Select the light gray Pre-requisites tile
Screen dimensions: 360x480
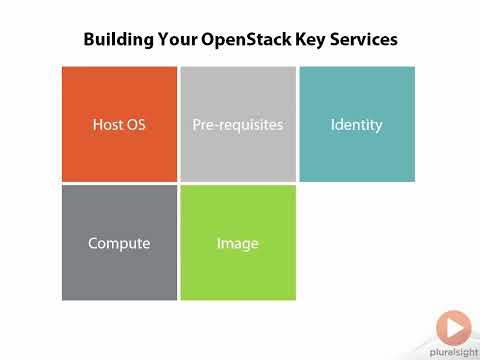(238, 150)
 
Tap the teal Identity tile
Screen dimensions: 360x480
(357, 150)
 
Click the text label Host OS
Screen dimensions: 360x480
(119, 126)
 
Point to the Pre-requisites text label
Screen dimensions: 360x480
(238, 126)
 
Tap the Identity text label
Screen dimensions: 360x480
(357, 126)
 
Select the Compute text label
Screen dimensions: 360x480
(119, 243)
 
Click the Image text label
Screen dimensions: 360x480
(238, 243)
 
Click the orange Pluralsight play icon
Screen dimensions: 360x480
(453, 327)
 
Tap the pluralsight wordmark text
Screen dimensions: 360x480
(453, 351)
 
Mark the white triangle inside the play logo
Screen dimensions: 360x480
(455, 327)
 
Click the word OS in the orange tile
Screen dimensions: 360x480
(136, 126)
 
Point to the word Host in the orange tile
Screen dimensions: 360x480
(108, 126)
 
